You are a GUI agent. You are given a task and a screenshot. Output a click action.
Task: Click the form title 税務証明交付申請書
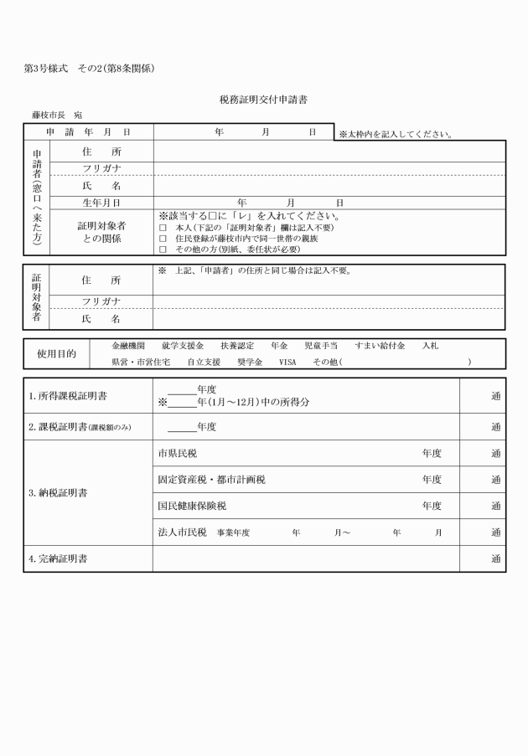coord(263,100)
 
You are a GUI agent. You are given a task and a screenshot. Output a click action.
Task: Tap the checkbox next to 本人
coord(163,228)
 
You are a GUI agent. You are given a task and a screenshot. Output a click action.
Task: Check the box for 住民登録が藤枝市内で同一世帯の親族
coord(163,239)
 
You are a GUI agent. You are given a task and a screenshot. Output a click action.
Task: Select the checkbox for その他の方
coord(163,249)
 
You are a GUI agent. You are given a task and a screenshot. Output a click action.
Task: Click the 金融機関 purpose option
coord(128,345)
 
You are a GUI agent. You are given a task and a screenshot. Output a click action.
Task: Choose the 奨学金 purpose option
coord(250,362)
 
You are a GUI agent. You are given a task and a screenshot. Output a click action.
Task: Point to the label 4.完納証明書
coord(57,558)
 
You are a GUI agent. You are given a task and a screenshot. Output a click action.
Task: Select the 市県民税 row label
coord(179,453)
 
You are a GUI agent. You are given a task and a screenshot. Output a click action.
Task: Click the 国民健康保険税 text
coord(192,506)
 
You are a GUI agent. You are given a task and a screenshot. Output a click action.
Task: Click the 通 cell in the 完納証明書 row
coord(494,558)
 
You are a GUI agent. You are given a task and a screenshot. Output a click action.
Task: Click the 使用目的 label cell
coord(57,353)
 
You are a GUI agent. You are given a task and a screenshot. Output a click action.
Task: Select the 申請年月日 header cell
coord(88,132)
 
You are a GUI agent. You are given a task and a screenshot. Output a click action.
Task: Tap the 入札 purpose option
coord(430,345)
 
